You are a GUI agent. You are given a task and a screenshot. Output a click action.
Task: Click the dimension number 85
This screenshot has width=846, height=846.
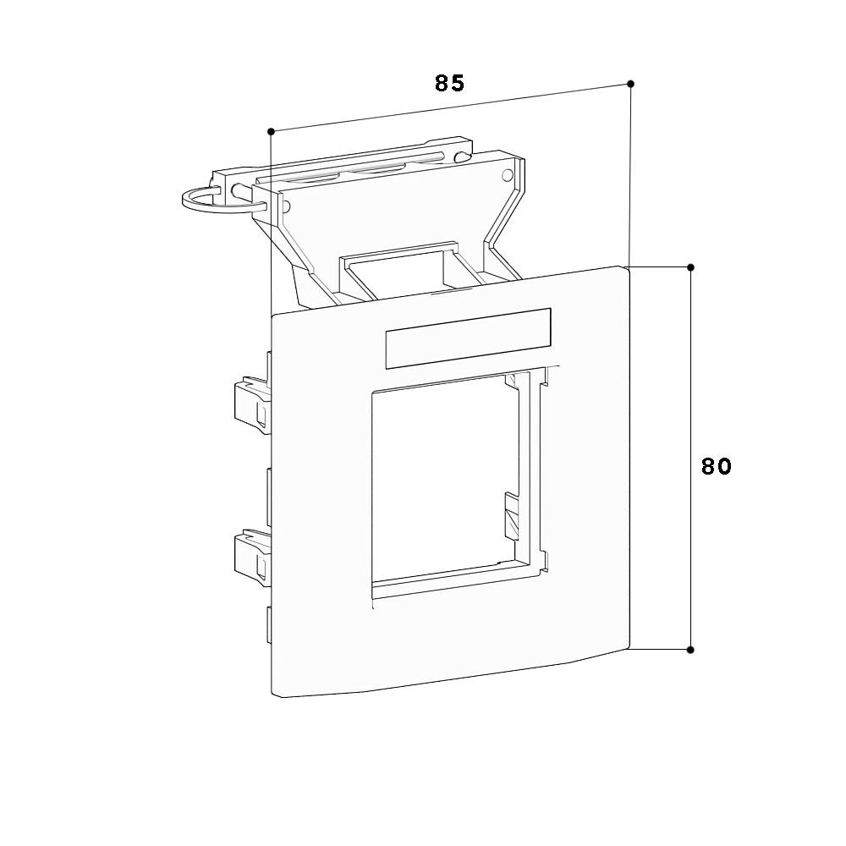(x=449, y=83)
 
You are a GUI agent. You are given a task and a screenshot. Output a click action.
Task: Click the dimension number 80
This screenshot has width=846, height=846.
(x=716, y=466)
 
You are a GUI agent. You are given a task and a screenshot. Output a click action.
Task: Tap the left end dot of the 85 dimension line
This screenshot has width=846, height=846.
(x=271, y=131)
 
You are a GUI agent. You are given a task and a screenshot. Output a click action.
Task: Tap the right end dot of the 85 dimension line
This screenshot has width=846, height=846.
(x=630, y=84)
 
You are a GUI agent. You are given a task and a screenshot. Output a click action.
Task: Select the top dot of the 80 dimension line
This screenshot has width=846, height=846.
(x=690, y=267)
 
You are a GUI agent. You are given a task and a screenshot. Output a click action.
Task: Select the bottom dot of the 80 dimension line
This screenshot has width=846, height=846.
(x=690, y=650)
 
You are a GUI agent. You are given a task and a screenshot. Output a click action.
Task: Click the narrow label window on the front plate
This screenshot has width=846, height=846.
(x=469, y=339)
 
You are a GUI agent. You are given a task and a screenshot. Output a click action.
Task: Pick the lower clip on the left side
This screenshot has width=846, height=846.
(x=251, y=558)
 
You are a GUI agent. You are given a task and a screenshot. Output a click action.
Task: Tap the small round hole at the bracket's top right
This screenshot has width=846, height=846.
(x=507, y=175)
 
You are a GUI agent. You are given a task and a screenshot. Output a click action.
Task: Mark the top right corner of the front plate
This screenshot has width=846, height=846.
(x=626, y=267)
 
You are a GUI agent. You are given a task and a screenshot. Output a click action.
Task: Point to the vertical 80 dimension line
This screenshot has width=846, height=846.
(x=690, y=459)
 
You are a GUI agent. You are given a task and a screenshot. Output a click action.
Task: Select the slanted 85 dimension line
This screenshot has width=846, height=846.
(x=451, y=107)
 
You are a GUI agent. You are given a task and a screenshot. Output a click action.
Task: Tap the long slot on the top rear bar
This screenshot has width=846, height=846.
(x=351, y=168)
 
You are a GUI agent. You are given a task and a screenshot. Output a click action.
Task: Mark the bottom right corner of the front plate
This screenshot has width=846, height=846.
(x=628, y=647)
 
